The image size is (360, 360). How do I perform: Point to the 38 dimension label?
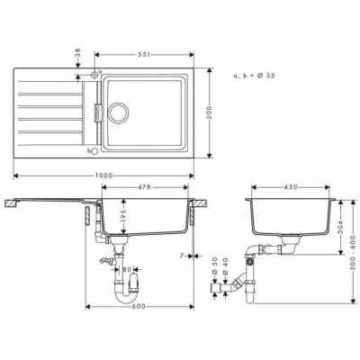[x=79, y=50]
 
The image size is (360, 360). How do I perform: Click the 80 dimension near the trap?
[x=128, y=268]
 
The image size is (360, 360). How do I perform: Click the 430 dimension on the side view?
[x=291, y=188]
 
